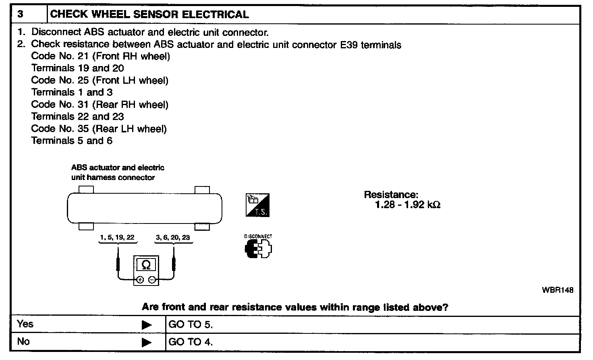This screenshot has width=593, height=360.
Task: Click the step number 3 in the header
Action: coord(21,14)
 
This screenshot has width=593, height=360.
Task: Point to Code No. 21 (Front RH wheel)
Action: coord(100,56)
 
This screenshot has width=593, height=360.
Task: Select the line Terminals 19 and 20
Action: coord(77,68)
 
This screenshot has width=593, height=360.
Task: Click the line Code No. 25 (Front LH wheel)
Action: coord(100,81)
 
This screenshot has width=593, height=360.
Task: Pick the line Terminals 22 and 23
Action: coord(77,117)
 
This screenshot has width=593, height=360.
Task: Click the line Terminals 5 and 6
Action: coord(72,141)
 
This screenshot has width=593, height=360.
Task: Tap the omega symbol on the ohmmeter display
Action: coord(146,265)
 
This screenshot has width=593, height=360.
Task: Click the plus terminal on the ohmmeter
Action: coord(140,280)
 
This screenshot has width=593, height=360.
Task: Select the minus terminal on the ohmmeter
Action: coord(152,280)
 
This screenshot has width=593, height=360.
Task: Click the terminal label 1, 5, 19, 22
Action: coord(117,238)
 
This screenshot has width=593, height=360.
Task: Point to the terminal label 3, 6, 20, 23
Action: coord(173,238)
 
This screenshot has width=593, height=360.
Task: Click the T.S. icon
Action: coord(257,205)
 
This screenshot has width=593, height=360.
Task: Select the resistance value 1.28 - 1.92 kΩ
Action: coord(407,205)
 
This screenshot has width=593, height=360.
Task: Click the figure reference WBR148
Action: coord(558,290)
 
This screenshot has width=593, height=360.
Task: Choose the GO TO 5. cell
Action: coord(191,325)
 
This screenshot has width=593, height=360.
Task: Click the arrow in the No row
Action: coord(147,342)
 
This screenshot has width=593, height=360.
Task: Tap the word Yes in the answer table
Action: coord(25,324)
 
